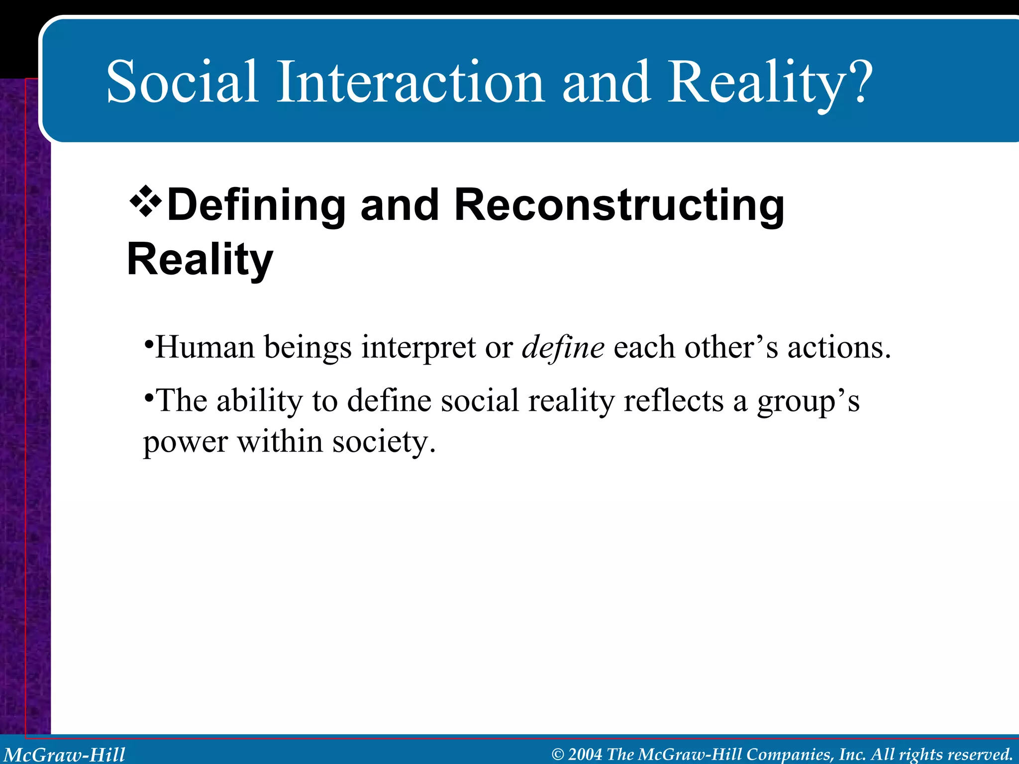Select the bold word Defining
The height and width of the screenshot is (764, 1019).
[256, 205]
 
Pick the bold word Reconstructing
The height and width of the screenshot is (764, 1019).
[619, 205]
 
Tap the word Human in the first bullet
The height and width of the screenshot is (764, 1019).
[205, 347]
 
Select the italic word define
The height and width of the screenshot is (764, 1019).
[563, 348]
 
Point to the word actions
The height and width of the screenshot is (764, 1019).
[838, 347]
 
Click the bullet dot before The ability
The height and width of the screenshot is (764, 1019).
[148, 397]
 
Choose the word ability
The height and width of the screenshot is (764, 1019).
[259, 401]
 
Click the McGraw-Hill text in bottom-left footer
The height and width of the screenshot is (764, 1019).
[65, 755]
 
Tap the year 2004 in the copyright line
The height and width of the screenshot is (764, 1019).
[585, 754]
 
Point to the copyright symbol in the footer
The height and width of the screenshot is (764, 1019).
[558, 755]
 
